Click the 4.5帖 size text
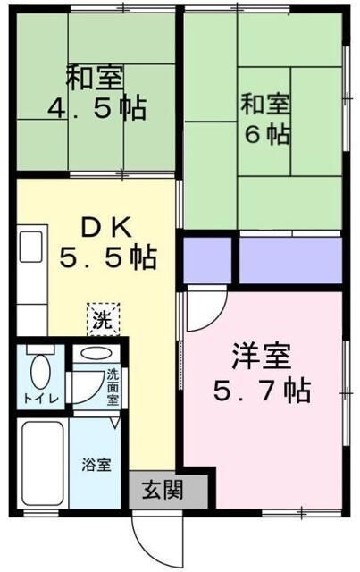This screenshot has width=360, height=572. [96, 110]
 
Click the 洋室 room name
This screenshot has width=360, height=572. [262, 357]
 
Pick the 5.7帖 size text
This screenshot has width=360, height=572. [262, 391]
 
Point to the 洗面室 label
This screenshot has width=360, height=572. [113, 386]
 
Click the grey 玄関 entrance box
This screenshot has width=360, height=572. [168, 490]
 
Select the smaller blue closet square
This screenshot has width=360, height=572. [207, 259]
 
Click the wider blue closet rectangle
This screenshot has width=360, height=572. [290, 259]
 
